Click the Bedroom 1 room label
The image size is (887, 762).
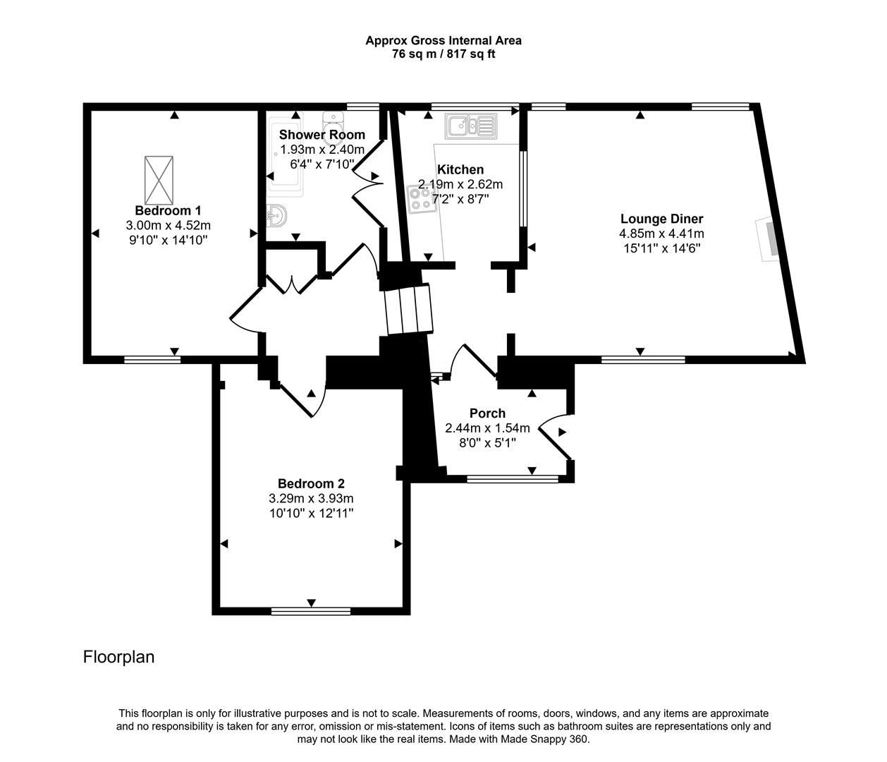click(168, 210)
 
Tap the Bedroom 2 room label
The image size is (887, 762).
click(311, 483)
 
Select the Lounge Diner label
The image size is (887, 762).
click(661, 219)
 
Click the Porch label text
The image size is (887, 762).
click(487, 413)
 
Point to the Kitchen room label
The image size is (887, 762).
click(460, 169)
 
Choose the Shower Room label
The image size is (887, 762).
click(322, 134)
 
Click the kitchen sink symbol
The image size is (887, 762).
click(470, 126)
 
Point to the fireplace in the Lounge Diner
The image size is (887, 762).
click(769, 240)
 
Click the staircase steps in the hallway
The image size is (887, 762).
click(408, 309)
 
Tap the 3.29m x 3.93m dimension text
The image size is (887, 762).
click(311, 498)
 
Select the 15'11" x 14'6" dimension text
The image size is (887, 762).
click(661, 248)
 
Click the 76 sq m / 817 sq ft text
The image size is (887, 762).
click(443, 54)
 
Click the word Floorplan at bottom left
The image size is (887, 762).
click(118, 657)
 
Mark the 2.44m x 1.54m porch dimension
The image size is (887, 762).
click(487, 428)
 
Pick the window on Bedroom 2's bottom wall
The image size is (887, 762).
click(311, 611)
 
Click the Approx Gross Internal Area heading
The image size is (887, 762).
click(443, 40)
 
